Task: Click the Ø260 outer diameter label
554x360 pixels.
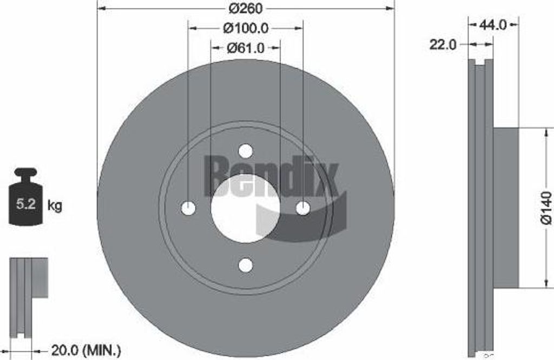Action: click(245, 8)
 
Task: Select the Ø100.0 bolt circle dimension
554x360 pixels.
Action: click(246, 28)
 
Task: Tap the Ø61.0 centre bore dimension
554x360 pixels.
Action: click(246, 48)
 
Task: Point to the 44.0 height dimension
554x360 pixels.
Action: click(493, 25)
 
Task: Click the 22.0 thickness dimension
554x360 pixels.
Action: click(443, 45)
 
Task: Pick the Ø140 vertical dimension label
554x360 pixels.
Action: click(545, 208)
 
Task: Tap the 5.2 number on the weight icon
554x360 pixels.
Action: click(26, 204)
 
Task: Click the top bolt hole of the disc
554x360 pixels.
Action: click(246, 151)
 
